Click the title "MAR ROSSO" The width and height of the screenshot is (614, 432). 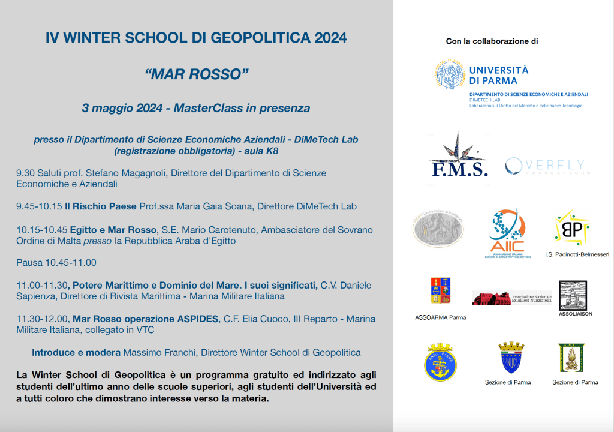point(196,74)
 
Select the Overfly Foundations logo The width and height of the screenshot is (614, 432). point(547,166)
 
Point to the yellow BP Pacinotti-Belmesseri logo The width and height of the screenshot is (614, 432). point(571,228)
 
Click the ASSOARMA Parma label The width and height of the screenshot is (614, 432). point(440,317)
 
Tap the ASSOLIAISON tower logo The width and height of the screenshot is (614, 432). point(573,296)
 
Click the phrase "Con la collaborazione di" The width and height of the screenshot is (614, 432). point(492,41)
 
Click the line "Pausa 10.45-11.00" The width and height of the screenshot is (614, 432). point(56,263)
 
